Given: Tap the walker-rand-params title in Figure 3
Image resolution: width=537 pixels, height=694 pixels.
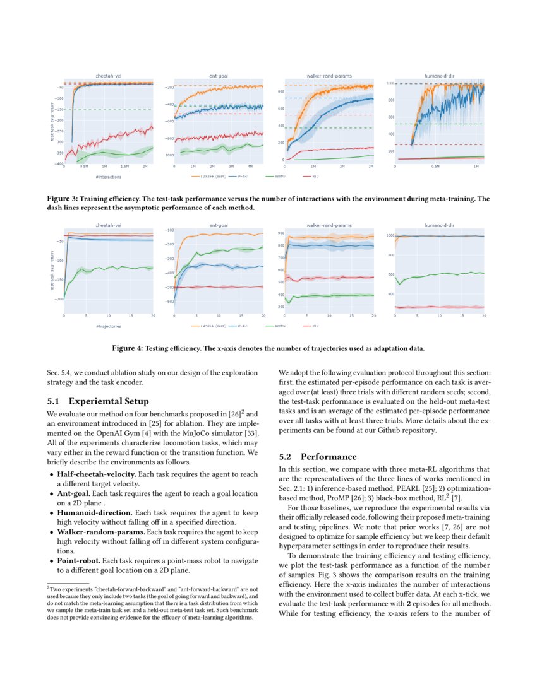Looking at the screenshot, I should (x=329, y=75).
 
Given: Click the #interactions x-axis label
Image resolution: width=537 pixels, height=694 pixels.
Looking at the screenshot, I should (x=92, y=177).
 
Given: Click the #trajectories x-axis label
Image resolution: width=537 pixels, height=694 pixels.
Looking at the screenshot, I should (x=92, y=326).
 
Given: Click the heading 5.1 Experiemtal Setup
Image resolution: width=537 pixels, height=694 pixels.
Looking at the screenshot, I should (x=98, y=401).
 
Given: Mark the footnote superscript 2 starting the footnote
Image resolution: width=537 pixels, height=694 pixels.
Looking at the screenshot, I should (x=49, y=587).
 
